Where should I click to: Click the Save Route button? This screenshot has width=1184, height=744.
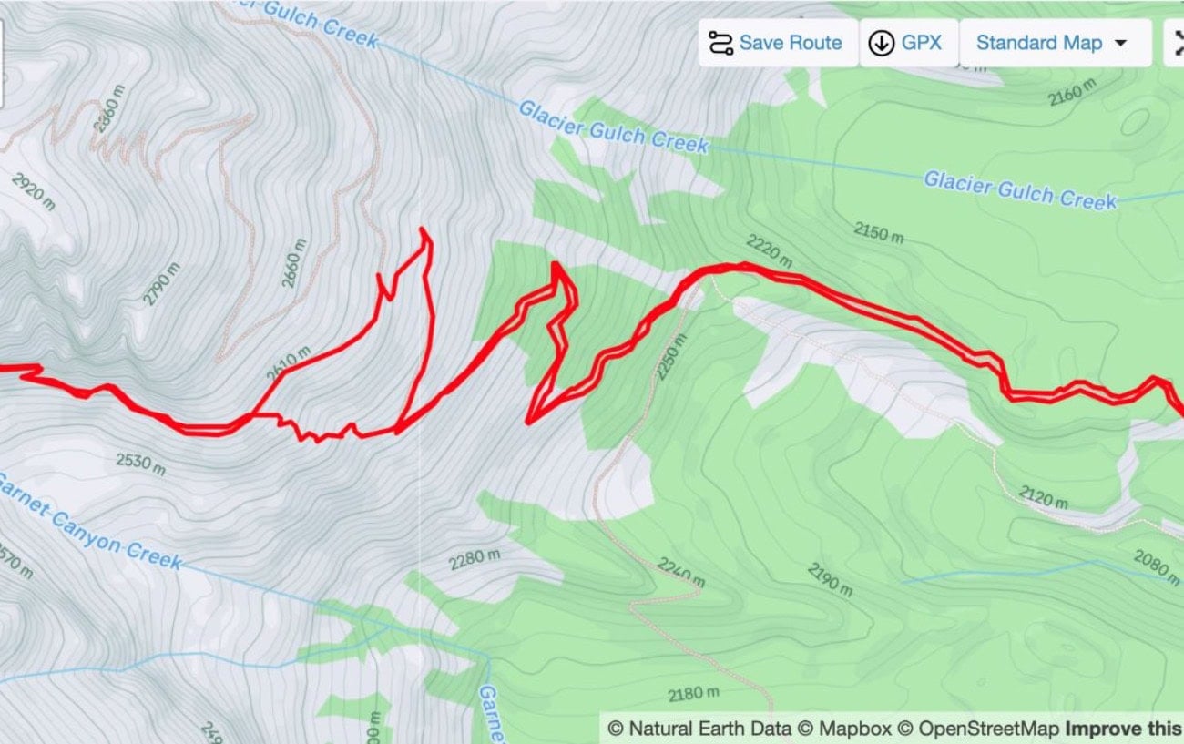point(778,43)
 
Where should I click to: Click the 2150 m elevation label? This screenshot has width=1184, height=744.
point(879,232)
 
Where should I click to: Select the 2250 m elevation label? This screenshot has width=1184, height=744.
point(672,357)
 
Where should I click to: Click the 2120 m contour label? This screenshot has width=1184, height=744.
point(1044,498)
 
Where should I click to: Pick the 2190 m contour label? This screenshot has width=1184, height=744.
point(831,580)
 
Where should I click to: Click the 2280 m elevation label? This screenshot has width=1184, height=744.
point(475,558)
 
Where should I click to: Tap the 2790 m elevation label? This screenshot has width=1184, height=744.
point(161,283)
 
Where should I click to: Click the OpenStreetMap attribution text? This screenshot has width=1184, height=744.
point(988,729)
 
